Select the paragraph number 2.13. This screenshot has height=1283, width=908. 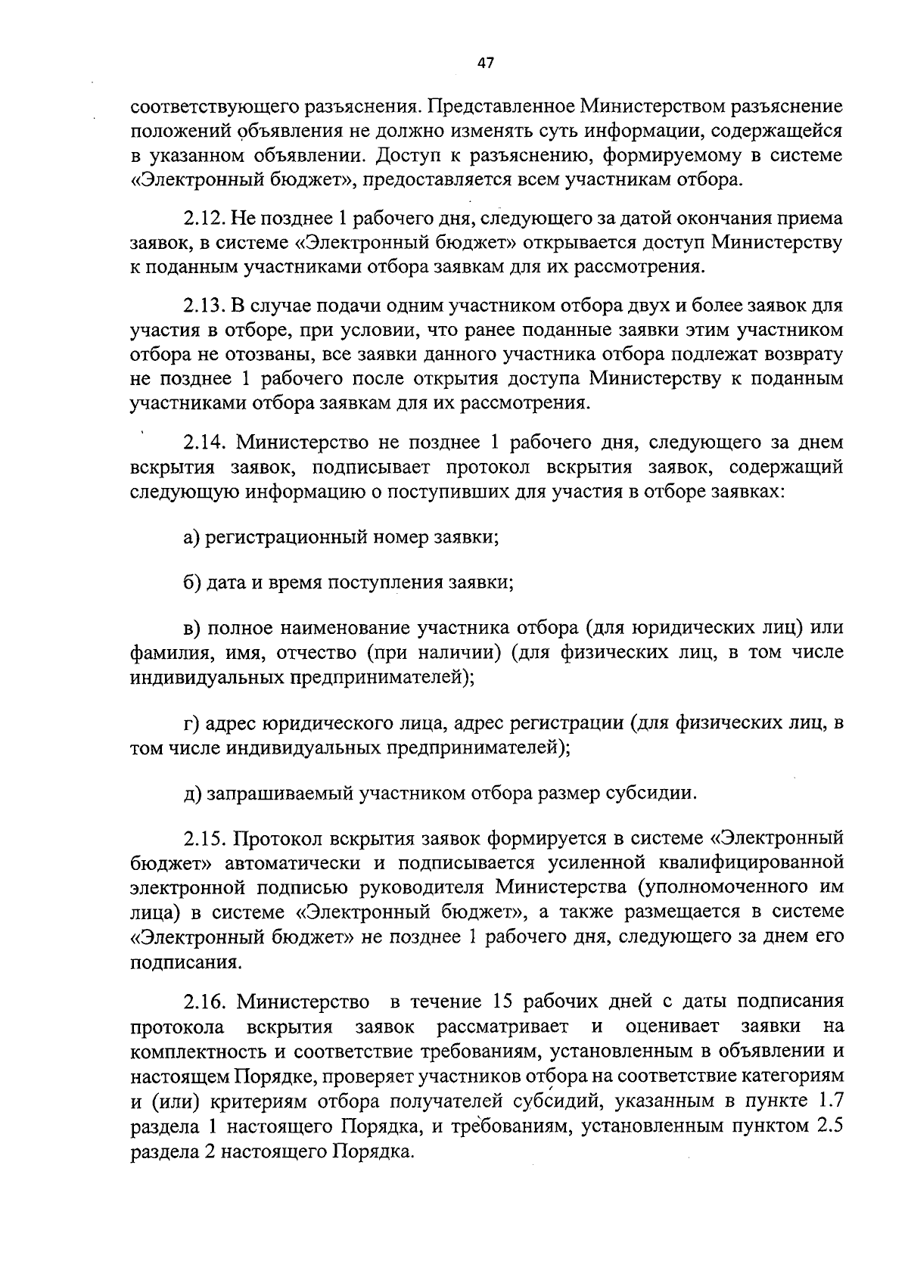203,306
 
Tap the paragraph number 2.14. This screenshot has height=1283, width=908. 203,442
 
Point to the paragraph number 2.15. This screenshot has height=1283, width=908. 203,839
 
